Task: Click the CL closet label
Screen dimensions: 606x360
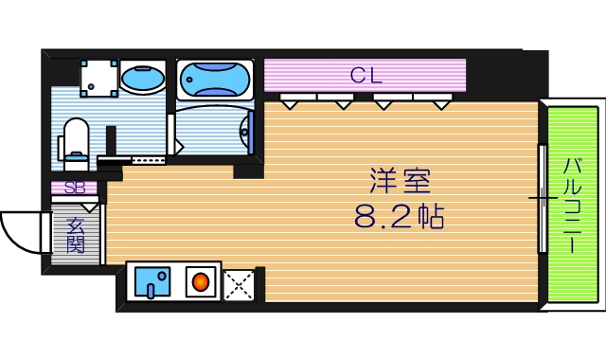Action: pos(365,75)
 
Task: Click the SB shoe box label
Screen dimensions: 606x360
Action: pos(74,188)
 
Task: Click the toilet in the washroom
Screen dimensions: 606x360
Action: pos(75,142)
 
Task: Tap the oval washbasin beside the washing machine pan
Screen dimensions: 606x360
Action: pos(144,78)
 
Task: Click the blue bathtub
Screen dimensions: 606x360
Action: pos(215,79)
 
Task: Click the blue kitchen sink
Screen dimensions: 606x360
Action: pos(151,282)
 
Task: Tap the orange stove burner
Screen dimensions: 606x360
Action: pos(201,282)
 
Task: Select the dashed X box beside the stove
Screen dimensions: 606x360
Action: pos(237,283)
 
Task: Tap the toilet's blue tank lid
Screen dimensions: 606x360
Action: pos(75,128)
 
